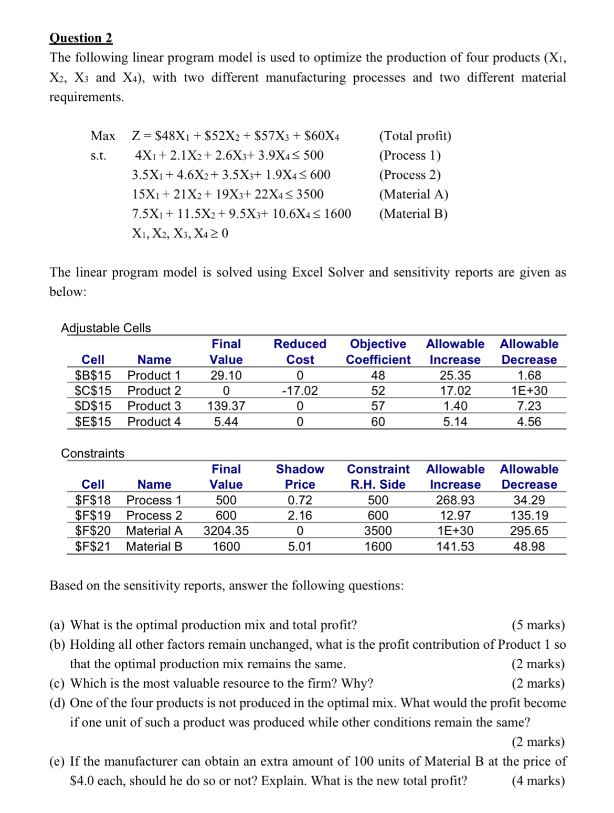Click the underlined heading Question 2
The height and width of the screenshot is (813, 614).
pyautogui.click(x=81, y=38)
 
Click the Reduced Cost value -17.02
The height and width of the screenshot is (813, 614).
pyautogui.click(x=300, y=391)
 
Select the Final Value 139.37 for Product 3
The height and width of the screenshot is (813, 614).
pyautogui.click(x=226, y=406)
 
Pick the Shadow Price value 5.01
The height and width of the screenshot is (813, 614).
pyautogui.click(x=300, y=547)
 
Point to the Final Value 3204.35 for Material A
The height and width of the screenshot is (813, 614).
pyautogui.click(x=226, y=531)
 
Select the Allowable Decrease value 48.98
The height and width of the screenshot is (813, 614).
pyautogui.click(x=528, y=547)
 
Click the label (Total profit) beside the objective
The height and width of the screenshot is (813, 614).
pyautogui.click(x=415, y=136)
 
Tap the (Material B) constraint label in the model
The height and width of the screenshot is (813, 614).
pyautogui.click(x=414, y=214)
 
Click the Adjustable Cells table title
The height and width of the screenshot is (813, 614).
pyautogui.click(x=106, y=329)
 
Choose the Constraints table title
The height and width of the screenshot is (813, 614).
pyautogui.click(x=93, y=453)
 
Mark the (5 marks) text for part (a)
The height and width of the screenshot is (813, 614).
pyautogui.click(x=538, y=625)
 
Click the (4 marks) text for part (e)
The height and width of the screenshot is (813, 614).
pyautogui.click(x=538, y=781)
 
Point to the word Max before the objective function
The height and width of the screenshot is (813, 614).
pyautogui.click(x=103, y=136)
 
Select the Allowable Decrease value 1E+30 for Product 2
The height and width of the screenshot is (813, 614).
pyautogui.click(x=528, y=391)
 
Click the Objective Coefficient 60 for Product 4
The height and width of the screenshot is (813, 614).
pyautogui.click(x=378, y=422)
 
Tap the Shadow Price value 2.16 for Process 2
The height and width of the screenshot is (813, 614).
pyautogui.click(x=300, y=516)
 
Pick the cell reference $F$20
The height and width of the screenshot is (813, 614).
pyautogui.click(x=93, y=531)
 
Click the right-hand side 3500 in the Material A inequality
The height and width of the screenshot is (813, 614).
pyautogui.click(x=310, y=195)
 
